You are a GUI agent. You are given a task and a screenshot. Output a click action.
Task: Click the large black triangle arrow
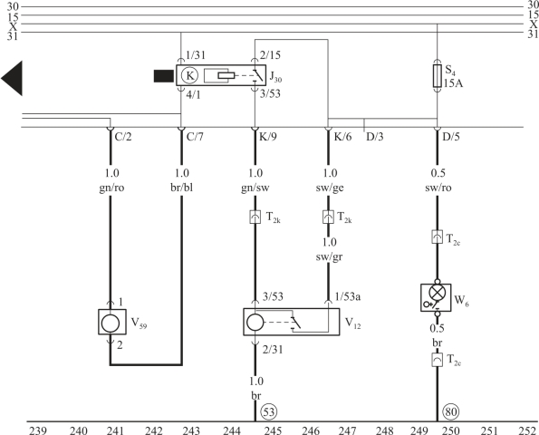click(x=12, y=79)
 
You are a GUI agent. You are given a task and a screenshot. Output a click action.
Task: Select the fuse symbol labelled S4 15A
click(x=437, y=75)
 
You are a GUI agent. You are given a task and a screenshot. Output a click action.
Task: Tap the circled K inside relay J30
click(x=189, y=75)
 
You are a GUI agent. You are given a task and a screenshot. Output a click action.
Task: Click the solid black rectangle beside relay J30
click(x=164, y=76)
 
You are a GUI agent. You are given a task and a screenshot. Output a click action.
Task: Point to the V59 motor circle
click(x=111, y=324)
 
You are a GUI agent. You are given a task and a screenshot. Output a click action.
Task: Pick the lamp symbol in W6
click(x=438, y=294)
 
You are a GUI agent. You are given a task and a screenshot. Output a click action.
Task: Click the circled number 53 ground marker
click(x=269, y=411)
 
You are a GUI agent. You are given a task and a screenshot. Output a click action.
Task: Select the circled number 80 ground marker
click(x=451, y=411)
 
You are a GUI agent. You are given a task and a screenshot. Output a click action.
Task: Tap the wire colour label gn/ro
click(x=111, y=188)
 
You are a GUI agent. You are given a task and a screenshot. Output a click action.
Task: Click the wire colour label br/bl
click(x=181, y=188)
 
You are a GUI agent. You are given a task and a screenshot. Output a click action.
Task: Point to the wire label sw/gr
click(x=329, y=257)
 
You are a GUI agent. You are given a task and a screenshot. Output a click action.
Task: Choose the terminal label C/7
click(x=195, y=137)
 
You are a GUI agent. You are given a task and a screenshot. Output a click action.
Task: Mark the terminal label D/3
click(x=375, y=137)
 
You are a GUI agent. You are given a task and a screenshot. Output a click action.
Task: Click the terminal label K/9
click(x=268, y=137)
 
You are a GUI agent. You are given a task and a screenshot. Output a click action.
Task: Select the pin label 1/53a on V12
click(x=348, y=296)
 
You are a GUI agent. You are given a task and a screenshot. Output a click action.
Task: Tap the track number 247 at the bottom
click(x=348, y=430)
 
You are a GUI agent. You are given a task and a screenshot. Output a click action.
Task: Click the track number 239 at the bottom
click(x=38, y=430)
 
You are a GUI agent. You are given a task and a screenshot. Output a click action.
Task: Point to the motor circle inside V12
click(x=255, y=323)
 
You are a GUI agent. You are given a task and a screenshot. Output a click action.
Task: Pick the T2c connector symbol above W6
click(x=437, y=237)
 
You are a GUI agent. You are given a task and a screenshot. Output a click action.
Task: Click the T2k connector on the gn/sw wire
click(x=255, y=217)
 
